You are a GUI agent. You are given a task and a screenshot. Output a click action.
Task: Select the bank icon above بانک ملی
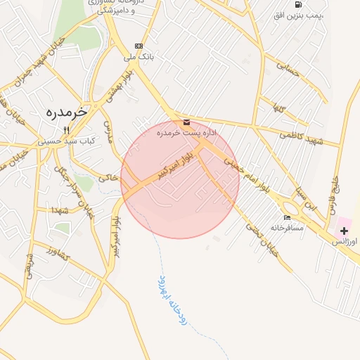[x=138, y=45]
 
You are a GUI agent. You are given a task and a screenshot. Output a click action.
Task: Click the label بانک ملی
[x=138, y=55]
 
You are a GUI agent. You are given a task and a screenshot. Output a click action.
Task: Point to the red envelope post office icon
[x=185, y=122]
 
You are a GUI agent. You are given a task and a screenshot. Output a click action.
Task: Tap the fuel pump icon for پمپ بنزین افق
[x=299, y=5]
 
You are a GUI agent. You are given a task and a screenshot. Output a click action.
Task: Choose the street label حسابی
[x=288, y=69]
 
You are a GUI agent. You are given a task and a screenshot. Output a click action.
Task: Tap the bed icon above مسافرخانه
[x=287, y=217]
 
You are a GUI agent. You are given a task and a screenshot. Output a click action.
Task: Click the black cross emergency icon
[x=344, y=231]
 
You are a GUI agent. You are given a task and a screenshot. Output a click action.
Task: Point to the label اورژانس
[x=345, y=241]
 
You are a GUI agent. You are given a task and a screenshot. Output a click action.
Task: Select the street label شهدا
[x=58, y=210]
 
